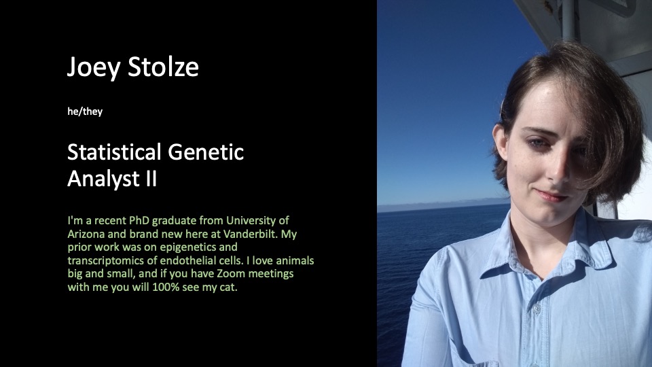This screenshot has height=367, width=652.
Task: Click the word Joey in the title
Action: (94, 67)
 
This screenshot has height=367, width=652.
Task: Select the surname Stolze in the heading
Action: (164, 67)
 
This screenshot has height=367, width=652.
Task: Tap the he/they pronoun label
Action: (85, 111)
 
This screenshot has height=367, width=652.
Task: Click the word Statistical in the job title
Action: (114, 152)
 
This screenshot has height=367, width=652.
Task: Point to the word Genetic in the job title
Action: (206, 152)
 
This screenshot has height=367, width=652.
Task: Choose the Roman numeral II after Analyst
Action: (151, 179)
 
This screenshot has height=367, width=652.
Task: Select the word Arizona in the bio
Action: (86, 234)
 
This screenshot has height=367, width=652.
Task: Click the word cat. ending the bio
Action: (228, 287)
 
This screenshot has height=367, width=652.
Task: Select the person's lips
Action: (551, 195)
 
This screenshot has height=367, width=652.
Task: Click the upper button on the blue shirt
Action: (537, 309)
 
